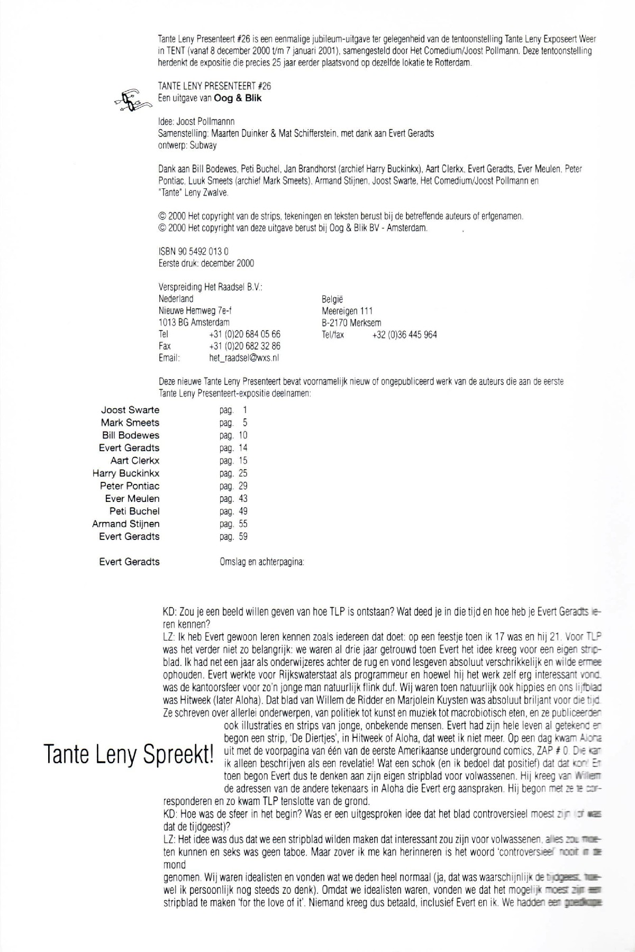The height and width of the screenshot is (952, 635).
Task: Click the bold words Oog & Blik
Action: click(x=238, y=98)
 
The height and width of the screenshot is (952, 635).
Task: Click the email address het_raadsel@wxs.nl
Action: click(x=244, y=358)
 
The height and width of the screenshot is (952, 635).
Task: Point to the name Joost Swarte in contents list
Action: click(x=130, y=410)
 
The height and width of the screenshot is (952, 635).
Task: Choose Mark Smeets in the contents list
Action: click(x=130, y=423)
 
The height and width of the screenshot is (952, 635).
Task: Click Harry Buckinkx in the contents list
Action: click(x=125, y=473)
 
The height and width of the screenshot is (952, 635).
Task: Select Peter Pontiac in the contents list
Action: click(x=129, y=486)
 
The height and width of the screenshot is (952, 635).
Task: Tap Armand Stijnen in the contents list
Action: click(x=125, y=524)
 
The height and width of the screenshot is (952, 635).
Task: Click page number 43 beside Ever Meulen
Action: click(x=243, y=499)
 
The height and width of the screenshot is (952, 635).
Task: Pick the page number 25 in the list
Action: click(x=243, y=473)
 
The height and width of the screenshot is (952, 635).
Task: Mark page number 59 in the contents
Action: click(x=243, y=537)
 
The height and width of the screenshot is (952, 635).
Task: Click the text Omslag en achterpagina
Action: click(x=261, y=562)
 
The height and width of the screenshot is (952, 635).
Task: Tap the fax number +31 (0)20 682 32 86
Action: click(x=244, y=346)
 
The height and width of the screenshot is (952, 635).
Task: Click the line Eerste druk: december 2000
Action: click(x=206, y=263)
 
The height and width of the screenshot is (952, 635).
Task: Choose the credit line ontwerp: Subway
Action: click(x=187, y=145)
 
